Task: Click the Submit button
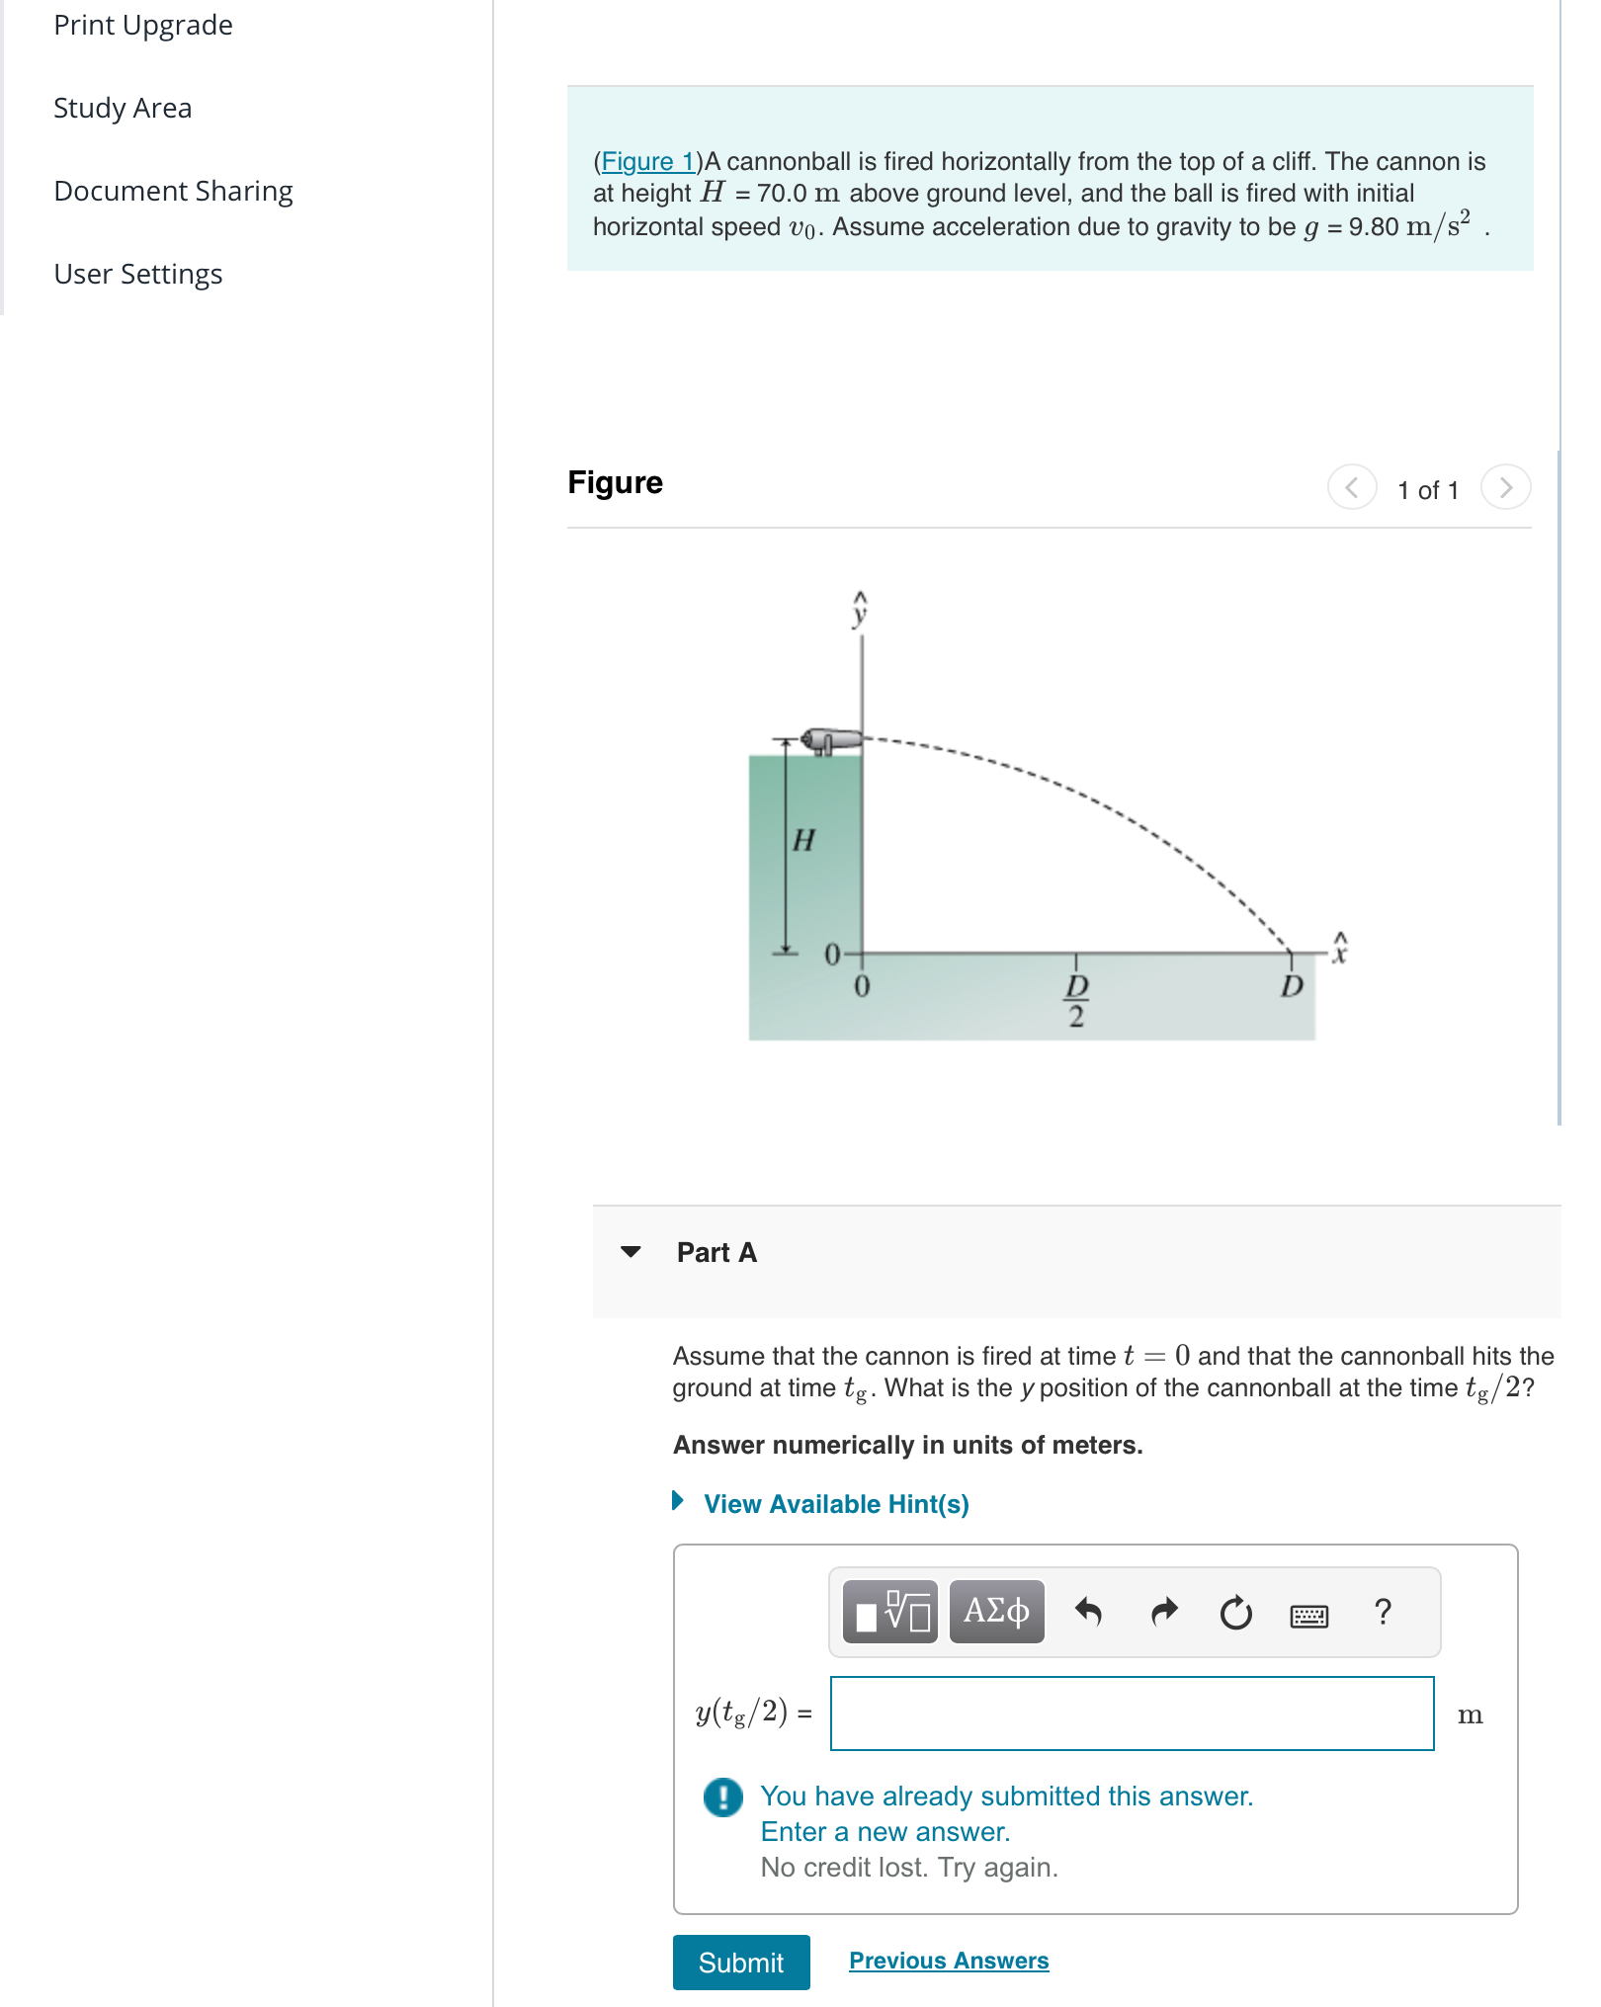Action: [740, 1962]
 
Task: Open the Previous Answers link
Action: [948, 1961]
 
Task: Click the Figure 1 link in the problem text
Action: [647, 161]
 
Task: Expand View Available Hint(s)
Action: [835, 1504]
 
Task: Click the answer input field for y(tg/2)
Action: [1132, 1714]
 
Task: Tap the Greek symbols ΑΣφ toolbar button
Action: [996, 1612]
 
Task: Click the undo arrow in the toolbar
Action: [1088, 1612]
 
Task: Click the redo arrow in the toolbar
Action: [1164, 1612]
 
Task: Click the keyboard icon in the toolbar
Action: [1308, 1616]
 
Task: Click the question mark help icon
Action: [1383, 1612]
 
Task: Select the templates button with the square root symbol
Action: [890, 1612]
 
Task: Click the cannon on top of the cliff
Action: [829, 739]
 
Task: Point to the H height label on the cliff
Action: [803, 840]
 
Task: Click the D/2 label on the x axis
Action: [1076, 999]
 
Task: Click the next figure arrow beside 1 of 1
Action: [1505, 487]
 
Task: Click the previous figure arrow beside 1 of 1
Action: [1351, 487]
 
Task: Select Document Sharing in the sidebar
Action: [173, 191]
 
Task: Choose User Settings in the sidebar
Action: [138, 274]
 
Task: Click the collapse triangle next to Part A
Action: [631, 1252]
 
